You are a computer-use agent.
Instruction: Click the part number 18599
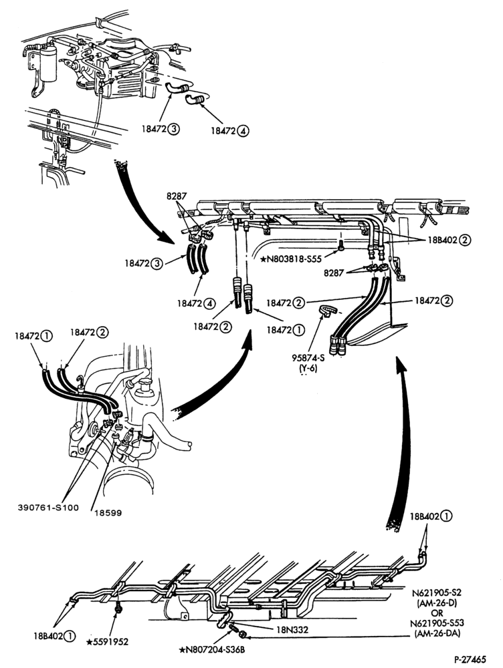coord(108,513)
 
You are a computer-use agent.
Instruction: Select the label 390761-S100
coord(48,508)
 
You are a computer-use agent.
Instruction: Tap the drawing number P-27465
coord(469,659)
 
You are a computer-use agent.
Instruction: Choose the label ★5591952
coord(107,641)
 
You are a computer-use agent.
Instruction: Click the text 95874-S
coord(308,358)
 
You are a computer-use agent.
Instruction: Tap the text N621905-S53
coord(437,624)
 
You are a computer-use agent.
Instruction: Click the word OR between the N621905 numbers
coord(437,613)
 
